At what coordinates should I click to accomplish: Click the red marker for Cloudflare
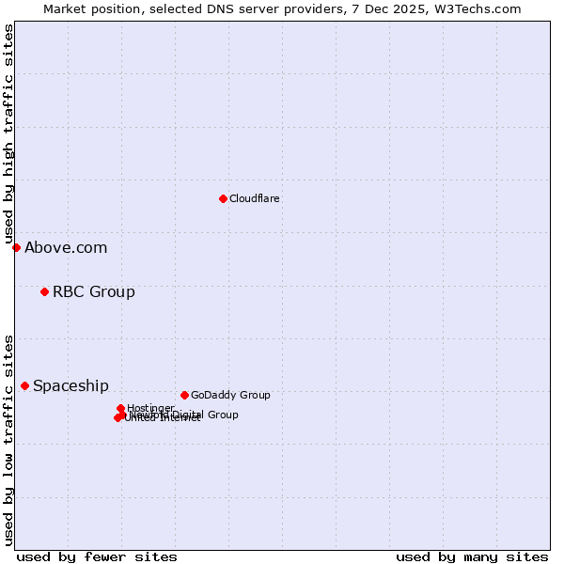point(223,198)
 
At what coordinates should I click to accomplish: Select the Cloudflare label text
point(254,198)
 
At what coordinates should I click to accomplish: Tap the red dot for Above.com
point(16,247)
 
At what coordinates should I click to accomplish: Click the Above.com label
point(66,248)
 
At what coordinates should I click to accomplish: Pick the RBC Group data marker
point(44,291)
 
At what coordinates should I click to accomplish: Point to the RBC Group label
point(93,291)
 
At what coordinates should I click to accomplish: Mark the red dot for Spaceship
point(24,385)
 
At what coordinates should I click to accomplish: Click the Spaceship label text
point(70,386)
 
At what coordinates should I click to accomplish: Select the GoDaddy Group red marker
point(184,395)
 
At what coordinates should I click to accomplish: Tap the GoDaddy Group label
point(230,395)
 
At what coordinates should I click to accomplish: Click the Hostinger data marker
point(120,408)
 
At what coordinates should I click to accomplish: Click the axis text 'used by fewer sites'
point(97,556)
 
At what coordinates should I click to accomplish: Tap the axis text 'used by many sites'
point(472,556)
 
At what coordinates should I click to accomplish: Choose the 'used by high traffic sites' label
point(8,134)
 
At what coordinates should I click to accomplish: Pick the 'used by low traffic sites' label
point(8,439)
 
